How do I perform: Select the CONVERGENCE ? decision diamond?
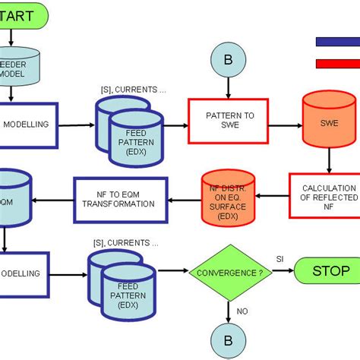click(x=229, y=272)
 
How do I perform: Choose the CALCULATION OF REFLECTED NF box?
click(x=324, y=196)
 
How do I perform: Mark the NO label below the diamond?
click(x=242, y=310)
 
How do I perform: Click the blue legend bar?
click(x=337, y=43)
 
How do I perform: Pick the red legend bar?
click(x=337, y=64)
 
